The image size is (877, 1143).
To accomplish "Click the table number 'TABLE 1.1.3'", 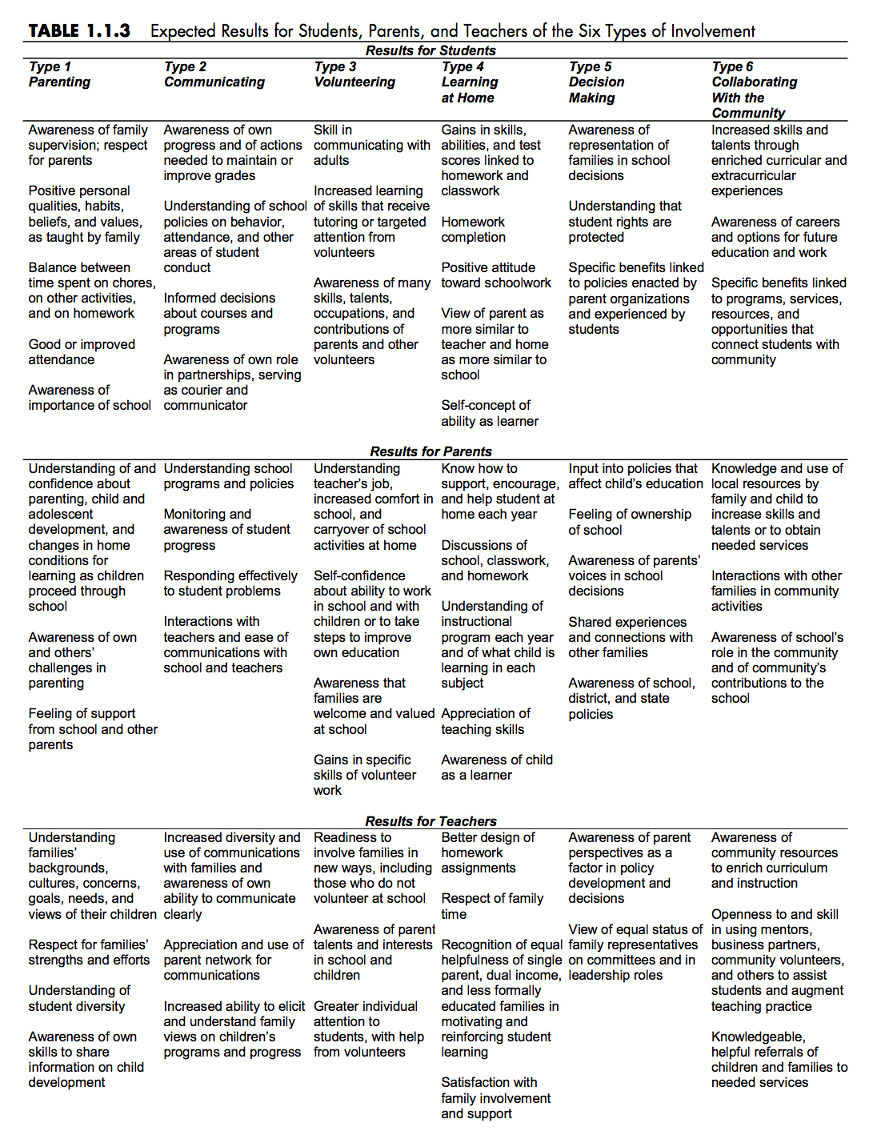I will [x=79, y=30].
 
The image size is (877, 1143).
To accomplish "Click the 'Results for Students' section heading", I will [x=430, y=50].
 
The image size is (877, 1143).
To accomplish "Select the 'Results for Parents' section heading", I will [x=430, y=451].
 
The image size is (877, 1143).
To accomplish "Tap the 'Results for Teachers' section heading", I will [x=430, y=821].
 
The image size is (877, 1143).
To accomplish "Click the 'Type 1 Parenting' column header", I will [x=59, y=74].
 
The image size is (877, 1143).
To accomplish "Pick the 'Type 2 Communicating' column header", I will [x=214, y=74].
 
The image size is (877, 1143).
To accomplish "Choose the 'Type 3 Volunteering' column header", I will [x=354, y=74].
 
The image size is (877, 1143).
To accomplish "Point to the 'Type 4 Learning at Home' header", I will [x=469, y=82].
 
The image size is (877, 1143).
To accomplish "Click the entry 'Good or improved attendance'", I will [x=82, y=352].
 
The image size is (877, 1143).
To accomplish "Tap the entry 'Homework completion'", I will [x=473, y=230].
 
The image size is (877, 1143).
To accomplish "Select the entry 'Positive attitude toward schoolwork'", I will [x=495, y=275].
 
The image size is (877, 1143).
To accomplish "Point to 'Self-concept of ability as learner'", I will [x=490, y=413].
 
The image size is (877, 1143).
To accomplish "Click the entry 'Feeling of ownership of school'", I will [x=629, y=522].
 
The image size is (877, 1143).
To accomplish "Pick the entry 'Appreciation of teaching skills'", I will [x=485, y=721].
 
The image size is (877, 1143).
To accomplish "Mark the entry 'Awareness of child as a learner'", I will [x=496, y=768].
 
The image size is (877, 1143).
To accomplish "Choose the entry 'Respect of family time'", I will [x=491, y=906].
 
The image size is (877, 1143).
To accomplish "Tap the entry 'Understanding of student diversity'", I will [x=79, y=998].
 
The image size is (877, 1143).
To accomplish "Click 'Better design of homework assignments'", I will [x=487, y=852].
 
